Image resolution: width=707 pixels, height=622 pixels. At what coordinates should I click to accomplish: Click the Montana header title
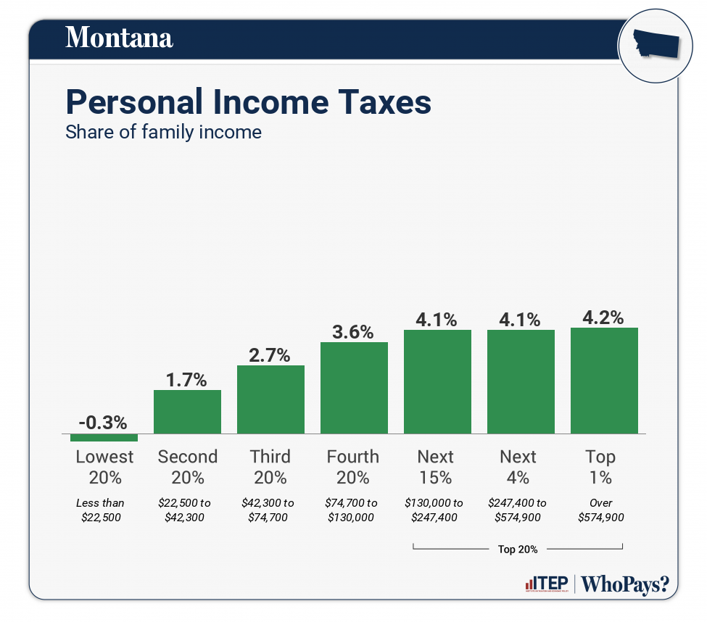coord(119,37)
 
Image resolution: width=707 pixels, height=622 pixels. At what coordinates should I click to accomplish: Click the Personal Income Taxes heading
coord(248,102)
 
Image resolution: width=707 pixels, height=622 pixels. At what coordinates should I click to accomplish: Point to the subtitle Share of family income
coord(163,133)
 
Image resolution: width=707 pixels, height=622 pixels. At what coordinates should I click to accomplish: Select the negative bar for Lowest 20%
coord(104,437)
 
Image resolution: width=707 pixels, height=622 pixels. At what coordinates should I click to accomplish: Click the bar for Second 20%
coord(187,411)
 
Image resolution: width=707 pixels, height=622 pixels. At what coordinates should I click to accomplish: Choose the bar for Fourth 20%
coord(354,387)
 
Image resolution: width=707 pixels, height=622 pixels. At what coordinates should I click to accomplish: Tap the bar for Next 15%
coord(437,381)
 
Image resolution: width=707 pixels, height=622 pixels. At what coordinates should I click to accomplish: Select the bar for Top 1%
coord(604,380)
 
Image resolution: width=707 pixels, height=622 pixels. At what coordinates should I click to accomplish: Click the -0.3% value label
coord(104,422)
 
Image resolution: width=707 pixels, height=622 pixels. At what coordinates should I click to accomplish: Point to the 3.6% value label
coord(353,332)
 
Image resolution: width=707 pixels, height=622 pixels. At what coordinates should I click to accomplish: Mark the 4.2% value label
coord(603,318)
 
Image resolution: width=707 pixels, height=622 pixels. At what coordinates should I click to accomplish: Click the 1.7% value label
coord(186,379)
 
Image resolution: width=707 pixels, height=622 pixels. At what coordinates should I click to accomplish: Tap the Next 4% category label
coord(518,467)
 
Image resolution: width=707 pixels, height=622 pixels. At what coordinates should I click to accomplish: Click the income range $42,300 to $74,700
coord(269,510)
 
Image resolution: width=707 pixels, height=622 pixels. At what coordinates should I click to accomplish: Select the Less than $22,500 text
coord(100,510)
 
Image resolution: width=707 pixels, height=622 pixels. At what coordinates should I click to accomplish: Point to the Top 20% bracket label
coord(518,549)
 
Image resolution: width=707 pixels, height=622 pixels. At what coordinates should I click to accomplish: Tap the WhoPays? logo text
coord(625,584)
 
